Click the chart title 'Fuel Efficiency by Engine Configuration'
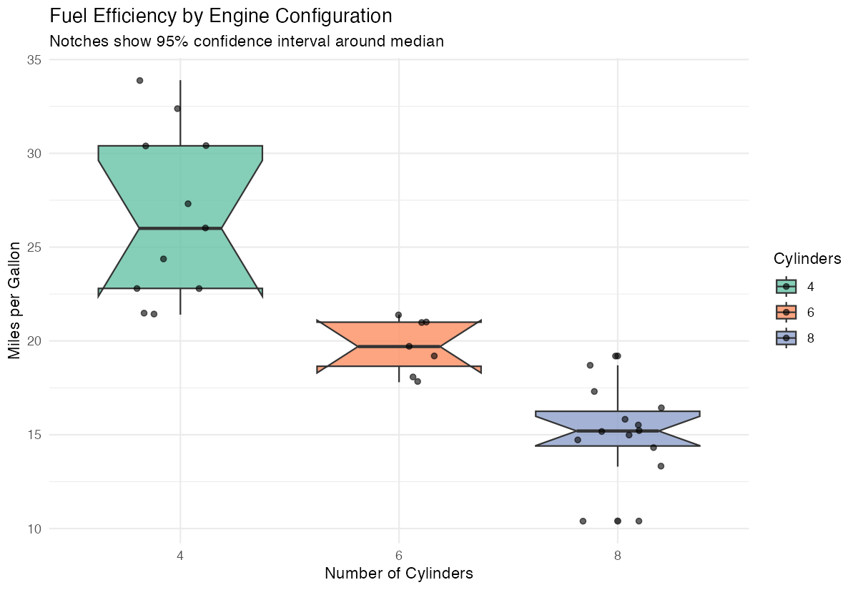tap(220, 16)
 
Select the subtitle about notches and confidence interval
tap(247, 41)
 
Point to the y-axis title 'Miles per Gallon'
tap(15, 300)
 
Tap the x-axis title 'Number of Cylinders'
tap(399, 574)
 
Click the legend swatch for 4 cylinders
tap(786, 286)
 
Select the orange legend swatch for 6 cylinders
tap(786, 312)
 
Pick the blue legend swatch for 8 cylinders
tap(786, 338)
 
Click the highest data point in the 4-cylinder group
tap(140, 81)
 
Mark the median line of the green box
tap(180, 228)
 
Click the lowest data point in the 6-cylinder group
tap(418, 381)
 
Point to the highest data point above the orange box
tap(398, 315)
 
